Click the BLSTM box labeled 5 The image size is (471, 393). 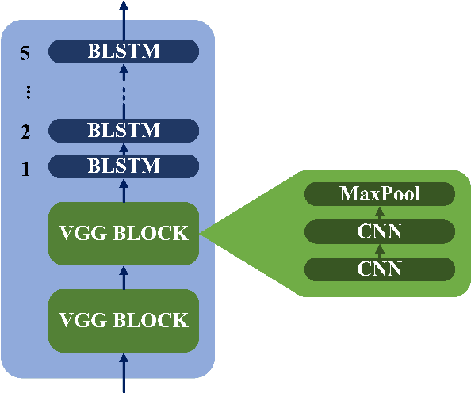123,52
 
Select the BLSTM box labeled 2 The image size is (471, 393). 123,130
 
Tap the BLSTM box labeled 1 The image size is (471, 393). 123,166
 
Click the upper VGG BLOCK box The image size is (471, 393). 123,233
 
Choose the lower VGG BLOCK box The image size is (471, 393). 123,320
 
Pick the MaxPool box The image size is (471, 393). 380,194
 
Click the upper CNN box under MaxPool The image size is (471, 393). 380,232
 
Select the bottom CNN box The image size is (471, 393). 380,269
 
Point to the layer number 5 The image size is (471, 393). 25,53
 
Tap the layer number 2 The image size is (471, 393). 25,132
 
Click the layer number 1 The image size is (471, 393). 25,168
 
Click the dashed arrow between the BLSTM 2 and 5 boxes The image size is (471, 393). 123,90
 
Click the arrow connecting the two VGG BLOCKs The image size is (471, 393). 123,277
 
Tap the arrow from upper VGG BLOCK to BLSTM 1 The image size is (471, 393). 123,190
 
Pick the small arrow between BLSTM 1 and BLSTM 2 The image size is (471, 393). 123,148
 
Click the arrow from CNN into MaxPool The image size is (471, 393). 380,213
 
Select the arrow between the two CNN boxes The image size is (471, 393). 380,250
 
